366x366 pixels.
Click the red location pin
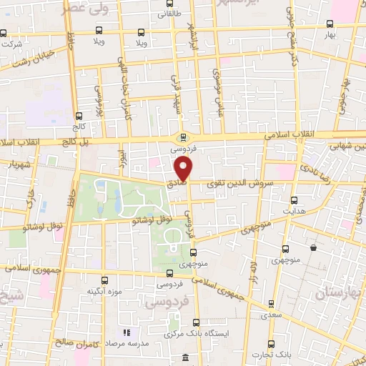tap(184, 169)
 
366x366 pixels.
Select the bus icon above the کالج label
tap(79, 115)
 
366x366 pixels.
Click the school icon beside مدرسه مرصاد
tap(127, 333)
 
